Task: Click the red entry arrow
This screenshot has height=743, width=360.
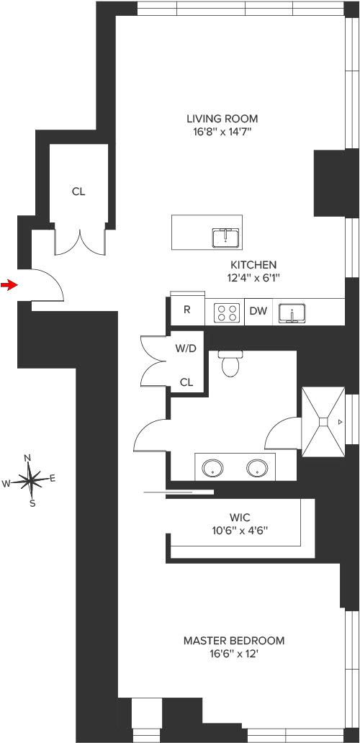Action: [x=8, y=285]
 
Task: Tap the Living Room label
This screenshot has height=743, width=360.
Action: [x=222, y=119]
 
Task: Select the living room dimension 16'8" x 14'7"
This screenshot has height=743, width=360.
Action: [x=222, y=132]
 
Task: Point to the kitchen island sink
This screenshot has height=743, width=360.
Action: [x=226, y=237]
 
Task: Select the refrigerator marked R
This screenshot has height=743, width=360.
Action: [x=188, y=310]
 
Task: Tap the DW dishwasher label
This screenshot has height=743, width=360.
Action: [x=258, y=311]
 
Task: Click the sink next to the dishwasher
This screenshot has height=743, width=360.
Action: [x=292, y=313]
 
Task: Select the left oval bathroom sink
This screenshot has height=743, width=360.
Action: [x=212, y=468]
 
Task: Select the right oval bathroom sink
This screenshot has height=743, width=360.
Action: [x=257, y=468]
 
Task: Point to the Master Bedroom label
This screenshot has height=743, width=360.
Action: [x=234, y=641]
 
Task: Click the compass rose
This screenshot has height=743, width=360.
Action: [x=30, y=480]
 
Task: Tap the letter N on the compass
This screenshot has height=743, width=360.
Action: [x=27, y=458]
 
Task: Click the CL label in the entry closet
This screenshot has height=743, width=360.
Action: [x=78, y=192]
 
